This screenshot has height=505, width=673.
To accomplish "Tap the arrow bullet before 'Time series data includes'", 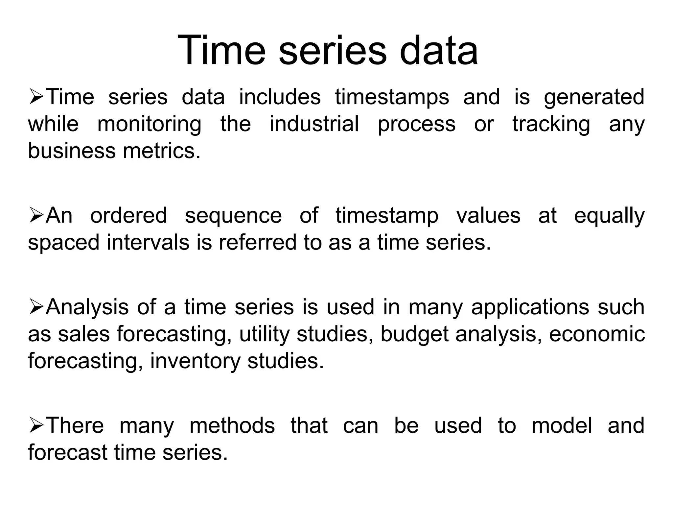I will [36, 98].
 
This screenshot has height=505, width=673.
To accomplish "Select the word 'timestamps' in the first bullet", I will [392, 97].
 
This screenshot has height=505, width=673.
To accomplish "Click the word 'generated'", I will [594, 98].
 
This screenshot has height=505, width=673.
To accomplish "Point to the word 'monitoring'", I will [149, 125].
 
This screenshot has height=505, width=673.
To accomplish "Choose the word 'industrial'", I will [314, 124].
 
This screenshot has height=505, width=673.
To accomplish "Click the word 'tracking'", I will [551, 125].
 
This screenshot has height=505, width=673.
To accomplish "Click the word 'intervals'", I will [148, 242].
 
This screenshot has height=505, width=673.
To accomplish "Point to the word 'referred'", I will [258, 242].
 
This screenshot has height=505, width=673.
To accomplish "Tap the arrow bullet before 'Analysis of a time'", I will [36, 308].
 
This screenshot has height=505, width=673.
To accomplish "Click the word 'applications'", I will [530, 308].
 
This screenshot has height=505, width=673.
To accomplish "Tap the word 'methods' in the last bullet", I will [232, 425].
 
